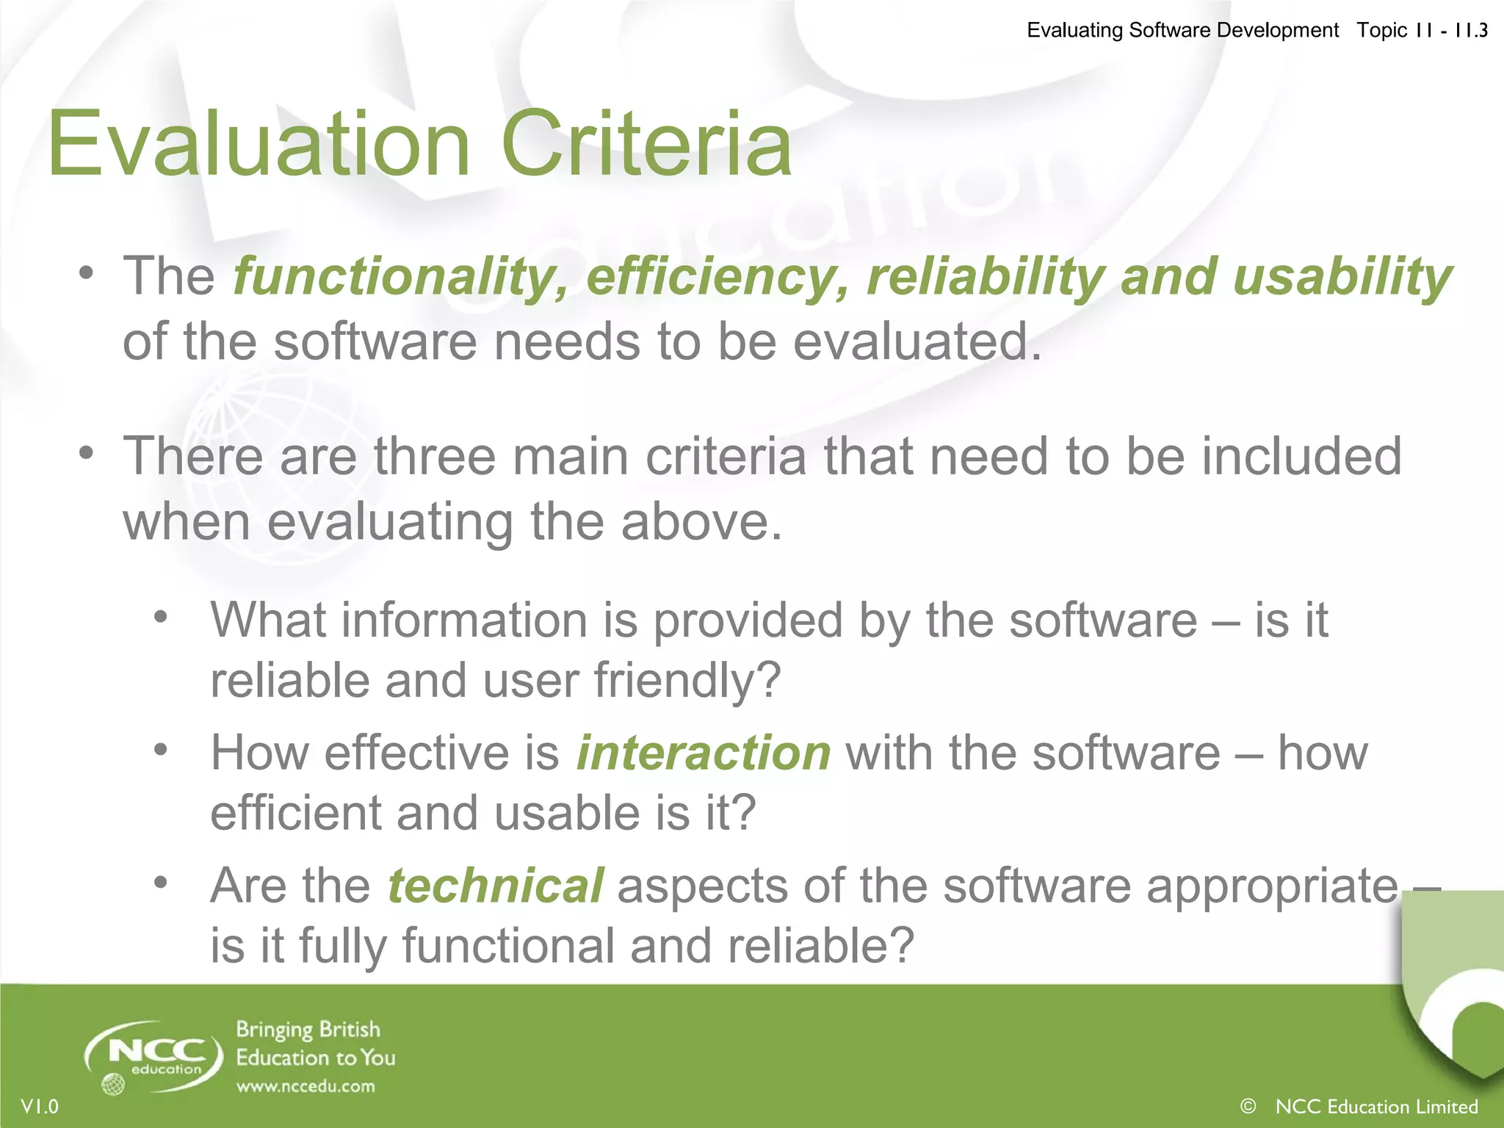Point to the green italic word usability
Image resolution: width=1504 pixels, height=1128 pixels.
click(x=1342, y=278)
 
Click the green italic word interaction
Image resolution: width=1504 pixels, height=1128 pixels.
click(x=703, y=753)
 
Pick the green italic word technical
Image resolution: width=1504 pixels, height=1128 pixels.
click(x=495, y=886)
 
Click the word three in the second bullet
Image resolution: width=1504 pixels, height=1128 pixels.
click(x=435, y=457)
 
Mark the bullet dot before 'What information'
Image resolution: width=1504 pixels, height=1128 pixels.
click(x=161, y=616)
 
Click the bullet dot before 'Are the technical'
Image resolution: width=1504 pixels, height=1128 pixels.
click(x=161, y=881)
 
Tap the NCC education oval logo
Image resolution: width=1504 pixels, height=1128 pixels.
click(x=154, y=1056)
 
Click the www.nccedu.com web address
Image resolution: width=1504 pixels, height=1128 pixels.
click(x=305, y=1086)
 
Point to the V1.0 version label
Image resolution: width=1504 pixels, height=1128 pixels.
click(x=40, y=1106)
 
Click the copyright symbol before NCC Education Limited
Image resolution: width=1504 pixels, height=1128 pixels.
click(x=1248, y=1105)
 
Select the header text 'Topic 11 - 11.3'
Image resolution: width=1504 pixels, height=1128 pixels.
click(x=1422, y=30)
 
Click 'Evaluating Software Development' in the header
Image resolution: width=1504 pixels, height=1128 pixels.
click(x=1182, y=30)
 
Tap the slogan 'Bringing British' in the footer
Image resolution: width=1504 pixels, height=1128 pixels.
click(x=308, y=1030)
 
